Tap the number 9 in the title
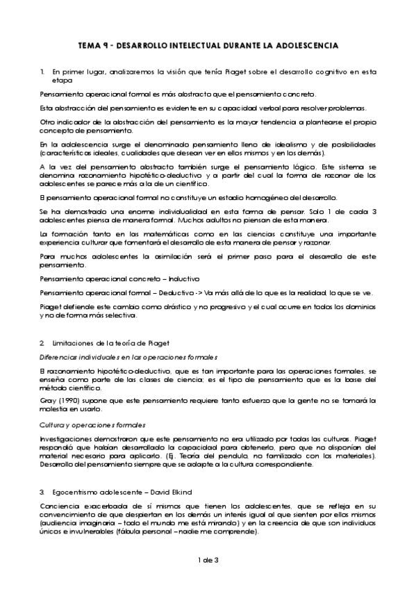(106, 45)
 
